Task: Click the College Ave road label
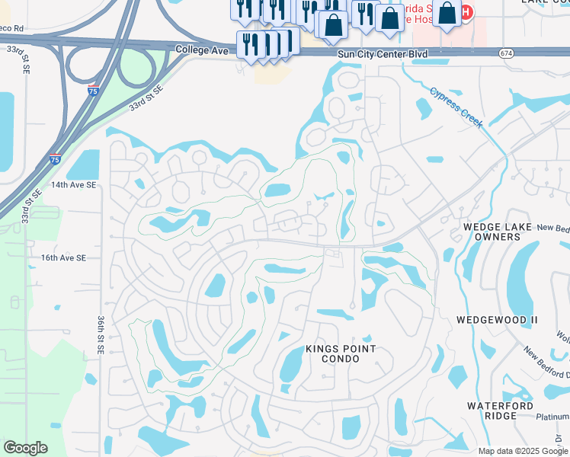click(x=203, y=49)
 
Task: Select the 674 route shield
click(x=506, y=53)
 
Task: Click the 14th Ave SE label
click(x=73, y=184)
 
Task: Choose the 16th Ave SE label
click(x=64, y=258)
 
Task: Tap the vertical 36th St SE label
click(x=101, y=334)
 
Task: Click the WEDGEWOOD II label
click(x=497, y=320)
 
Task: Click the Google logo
click(x=25, y=447)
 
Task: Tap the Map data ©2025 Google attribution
click(x=522, y=451)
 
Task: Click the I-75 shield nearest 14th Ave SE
click(x=54, y=159)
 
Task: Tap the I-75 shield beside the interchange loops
click(x=93, y=90)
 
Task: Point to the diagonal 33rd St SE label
click(x=146, y=97)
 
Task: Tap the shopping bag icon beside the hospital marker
click(x=447, y=13)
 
